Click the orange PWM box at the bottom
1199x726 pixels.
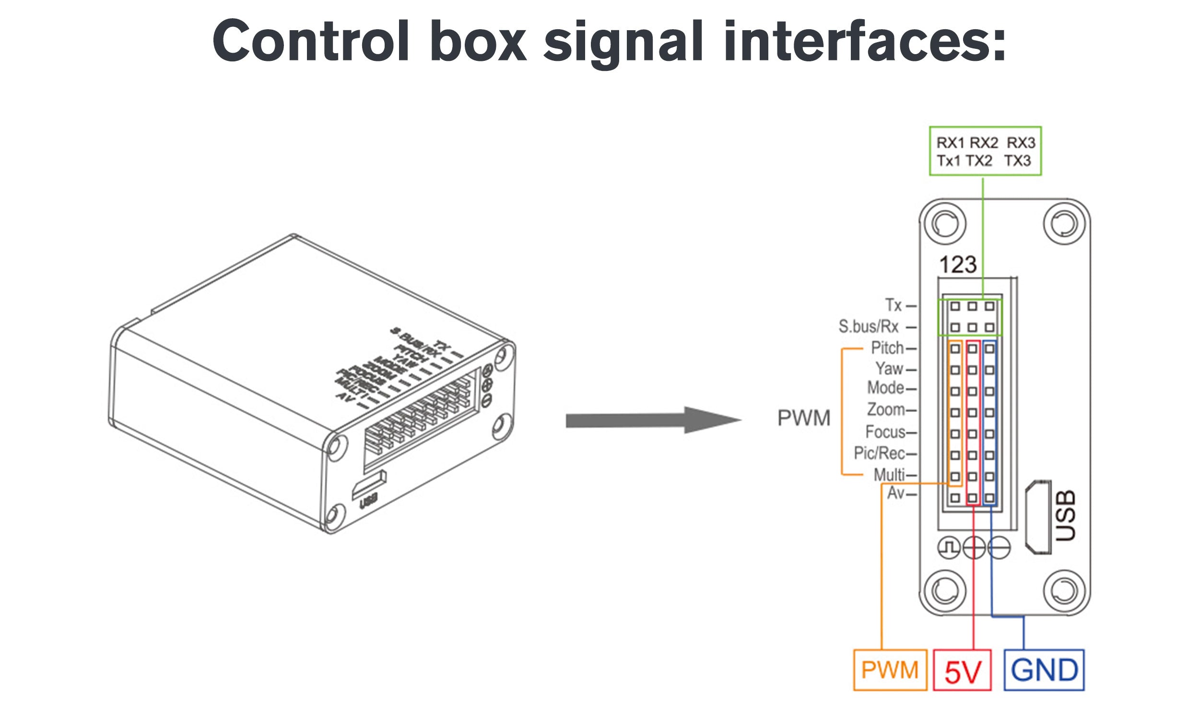click(890, 670)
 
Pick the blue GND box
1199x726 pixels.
click(1044, 670)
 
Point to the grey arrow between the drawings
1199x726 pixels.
click(652, 420)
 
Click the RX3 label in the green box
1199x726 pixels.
click(1021, 143)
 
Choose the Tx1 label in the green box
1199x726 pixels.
click(948, 161)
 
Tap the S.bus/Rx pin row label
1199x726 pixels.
click(868, 326)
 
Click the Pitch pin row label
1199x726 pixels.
click(887, 348)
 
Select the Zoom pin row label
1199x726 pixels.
click(886, 409)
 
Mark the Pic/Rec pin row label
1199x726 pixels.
click(879, 453)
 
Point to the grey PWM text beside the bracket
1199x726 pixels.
click(804, 418)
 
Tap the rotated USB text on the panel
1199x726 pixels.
click(1066, 516)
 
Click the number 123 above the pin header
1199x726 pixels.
click(958, 265)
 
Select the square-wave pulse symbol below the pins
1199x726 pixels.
click(949, 548)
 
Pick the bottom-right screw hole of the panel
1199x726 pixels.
click(1064, 591)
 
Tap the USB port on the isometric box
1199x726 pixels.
click(369, 486)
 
